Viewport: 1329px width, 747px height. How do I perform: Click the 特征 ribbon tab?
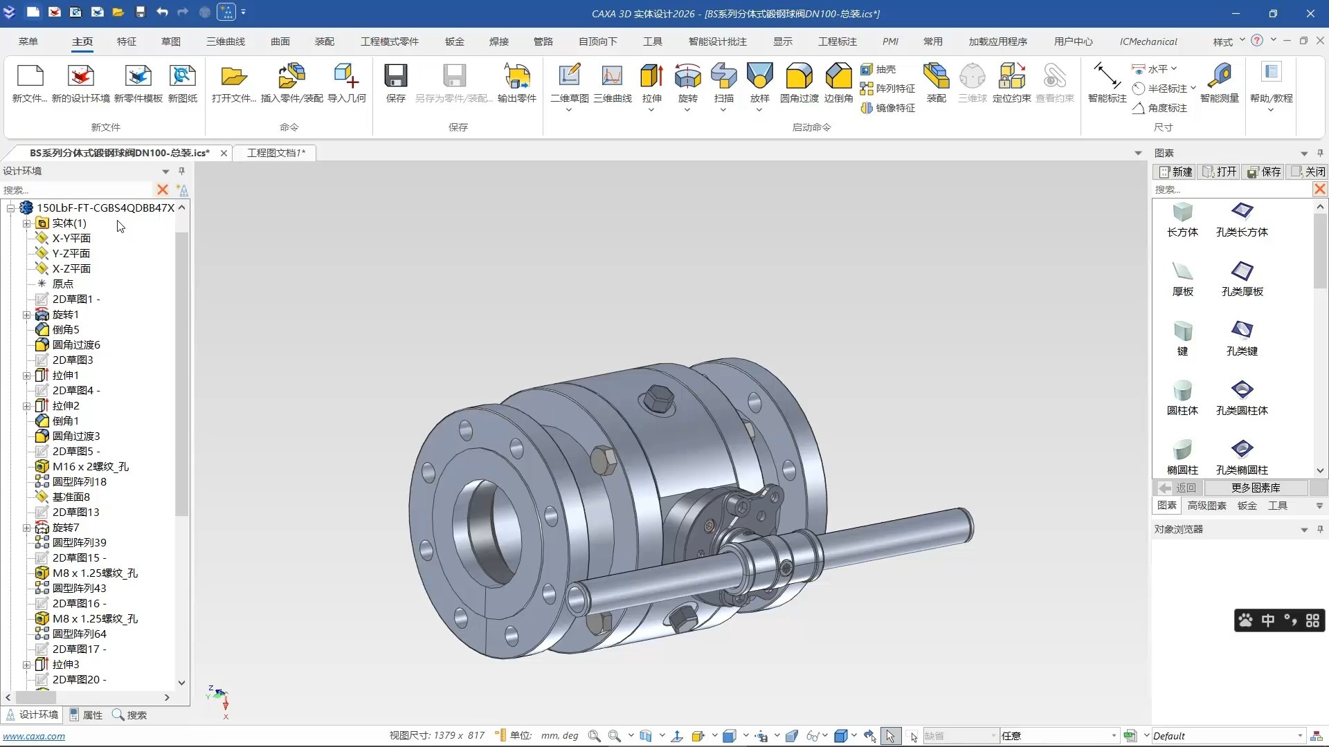coord(127,41)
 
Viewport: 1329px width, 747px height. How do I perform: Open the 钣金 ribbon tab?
coord(455,41)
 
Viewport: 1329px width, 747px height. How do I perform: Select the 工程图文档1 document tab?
coord(275,153)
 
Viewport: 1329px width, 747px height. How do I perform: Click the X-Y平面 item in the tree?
coord(71,238)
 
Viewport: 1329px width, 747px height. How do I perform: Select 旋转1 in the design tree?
coord(65,314)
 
